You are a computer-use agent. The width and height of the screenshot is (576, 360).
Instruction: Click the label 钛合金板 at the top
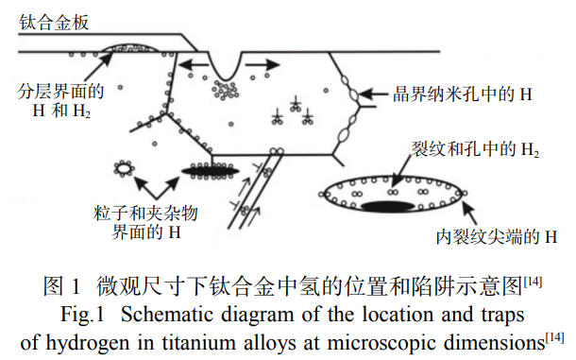tap(54, 22)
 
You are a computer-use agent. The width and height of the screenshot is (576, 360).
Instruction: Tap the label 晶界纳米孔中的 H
tap(462, 94)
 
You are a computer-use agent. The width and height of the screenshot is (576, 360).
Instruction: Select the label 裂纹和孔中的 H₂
tap(475, 149)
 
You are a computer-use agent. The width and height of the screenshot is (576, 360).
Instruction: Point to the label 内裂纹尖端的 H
tap(497, 237)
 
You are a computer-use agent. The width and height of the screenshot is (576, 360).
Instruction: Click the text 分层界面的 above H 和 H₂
tap(60, 92)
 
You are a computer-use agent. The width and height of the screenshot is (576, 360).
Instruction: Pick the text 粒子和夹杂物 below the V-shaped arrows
tap(145, 214)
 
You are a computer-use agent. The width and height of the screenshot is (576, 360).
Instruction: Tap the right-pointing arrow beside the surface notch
tap(263, 65)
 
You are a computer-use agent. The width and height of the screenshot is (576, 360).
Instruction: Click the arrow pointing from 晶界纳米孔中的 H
tap(373, 94)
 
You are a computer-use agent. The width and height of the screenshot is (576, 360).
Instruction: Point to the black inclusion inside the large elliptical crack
tap(387, 206)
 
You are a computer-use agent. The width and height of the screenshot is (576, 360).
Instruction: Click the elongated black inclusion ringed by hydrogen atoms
tap(211, 171)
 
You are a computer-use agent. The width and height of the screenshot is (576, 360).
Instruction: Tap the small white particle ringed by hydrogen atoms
tap(124, 169)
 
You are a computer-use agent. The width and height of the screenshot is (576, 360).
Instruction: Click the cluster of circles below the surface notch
tap(226, 91)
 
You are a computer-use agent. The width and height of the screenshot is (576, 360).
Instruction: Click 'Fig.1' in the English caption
tap(82, 316)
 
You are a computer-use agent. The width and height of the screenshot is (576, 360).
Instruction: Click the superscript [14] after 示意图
tap(533, 282)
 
